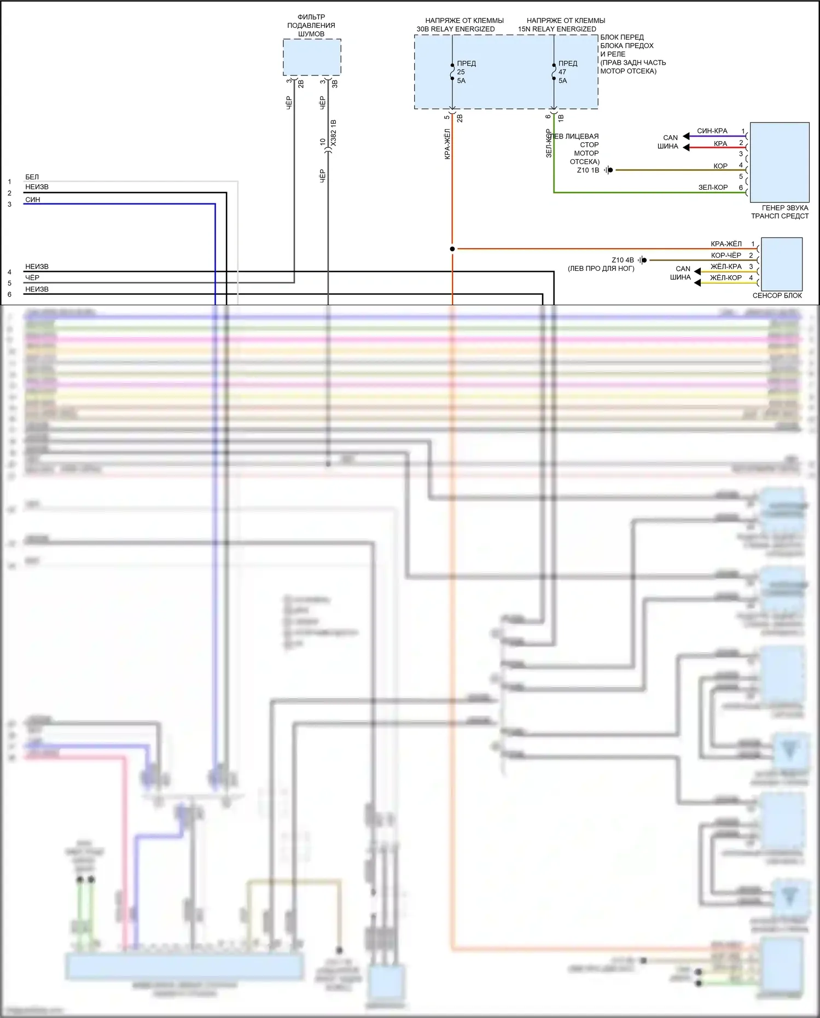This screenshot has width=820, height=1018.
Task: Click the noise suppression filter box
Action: point(312,57)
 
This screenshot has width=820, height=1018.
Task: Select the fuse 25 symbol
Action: point(452,72)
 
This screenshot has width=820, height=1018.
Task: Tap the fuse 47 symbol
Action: point(554,72)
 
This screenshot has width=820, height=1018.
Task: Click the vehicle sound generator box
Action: point(779,162)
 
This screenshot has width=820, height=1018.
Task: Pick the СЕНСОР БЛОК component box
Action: point(781,264)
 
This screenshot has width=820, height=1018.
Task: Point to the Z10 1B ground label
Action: point(588,170)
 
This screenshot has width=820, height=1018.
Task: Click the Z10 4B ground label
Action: point(623,260)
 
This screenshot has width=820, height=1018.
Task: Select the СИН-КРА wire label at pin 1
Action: point(712,131)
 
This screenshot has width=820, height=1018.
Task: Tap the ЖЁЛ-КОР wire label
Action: point(725,277)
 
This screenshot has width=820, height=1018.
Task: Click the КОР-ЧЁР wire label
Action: point(726,255)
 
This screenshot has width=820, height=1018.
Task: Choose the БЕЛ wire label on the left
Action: point(32,177)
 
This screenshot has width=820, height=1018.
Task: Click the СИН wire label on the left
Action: point(32,200)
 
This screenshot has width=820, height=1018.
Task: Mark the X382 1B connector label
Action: point(334,132)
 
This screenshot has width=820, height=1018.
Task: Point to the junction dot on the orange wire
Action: point(452,249)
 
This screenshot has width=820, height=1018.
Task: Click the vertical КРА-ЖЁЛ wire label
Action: point(447,144)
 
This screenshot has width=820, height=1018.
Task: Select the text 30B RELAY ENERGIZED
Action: point(456,29)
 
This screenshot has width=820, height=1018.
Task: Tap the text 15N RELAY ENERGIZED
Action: point(557,29)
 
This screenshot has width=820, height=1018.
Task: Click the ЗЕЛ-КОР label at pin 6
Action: point(713,187)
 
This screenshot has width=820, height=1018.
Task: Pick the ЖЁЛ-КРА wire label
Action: point(726,266)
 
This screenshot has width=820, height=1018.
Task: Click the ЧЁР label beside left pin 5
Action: point(32,277)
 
